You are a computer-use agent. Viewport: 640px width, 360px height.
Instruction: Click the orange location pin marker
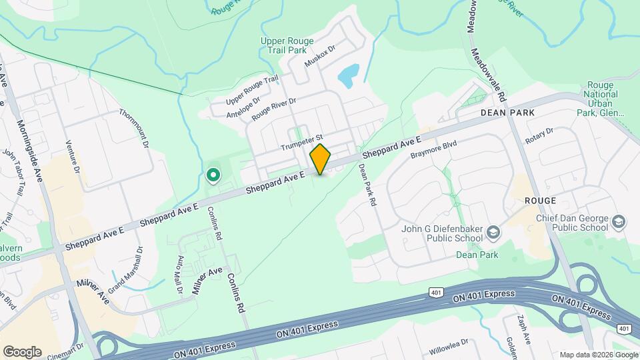pyautogui.click(x=321, y=159)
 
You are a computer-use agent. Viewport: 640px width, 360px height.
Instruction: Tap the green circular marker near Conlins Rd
pyautogui.click(x=213, y=175)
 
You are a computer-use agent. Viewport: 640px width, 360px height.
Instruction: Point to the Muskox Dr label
pyautogui.click(x=319, y=56)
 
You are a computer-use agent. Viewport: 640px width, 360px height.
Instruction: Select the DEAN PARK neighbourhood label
pyautogui.click(x=508, y=113)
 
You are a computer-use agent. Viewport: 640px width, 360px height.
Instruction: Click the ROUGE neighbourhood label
pyautogui.click(x=540, y=200)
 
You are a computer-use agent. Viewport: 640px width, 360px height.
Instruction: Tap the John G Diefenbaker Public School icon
pyautogui.click(x=493, y=232)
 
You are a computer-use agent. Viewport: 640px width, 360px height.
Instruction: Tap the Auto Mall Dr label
pyautogui.click(x=179, y=273)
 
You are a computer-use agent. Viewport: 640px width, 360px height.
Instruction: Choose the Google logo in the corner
pyautogui.click(x=22, y=352)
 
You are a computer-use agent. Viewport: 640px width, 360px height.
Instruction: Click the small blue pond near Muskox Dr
pyautogui.click(x=349, y=76)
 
